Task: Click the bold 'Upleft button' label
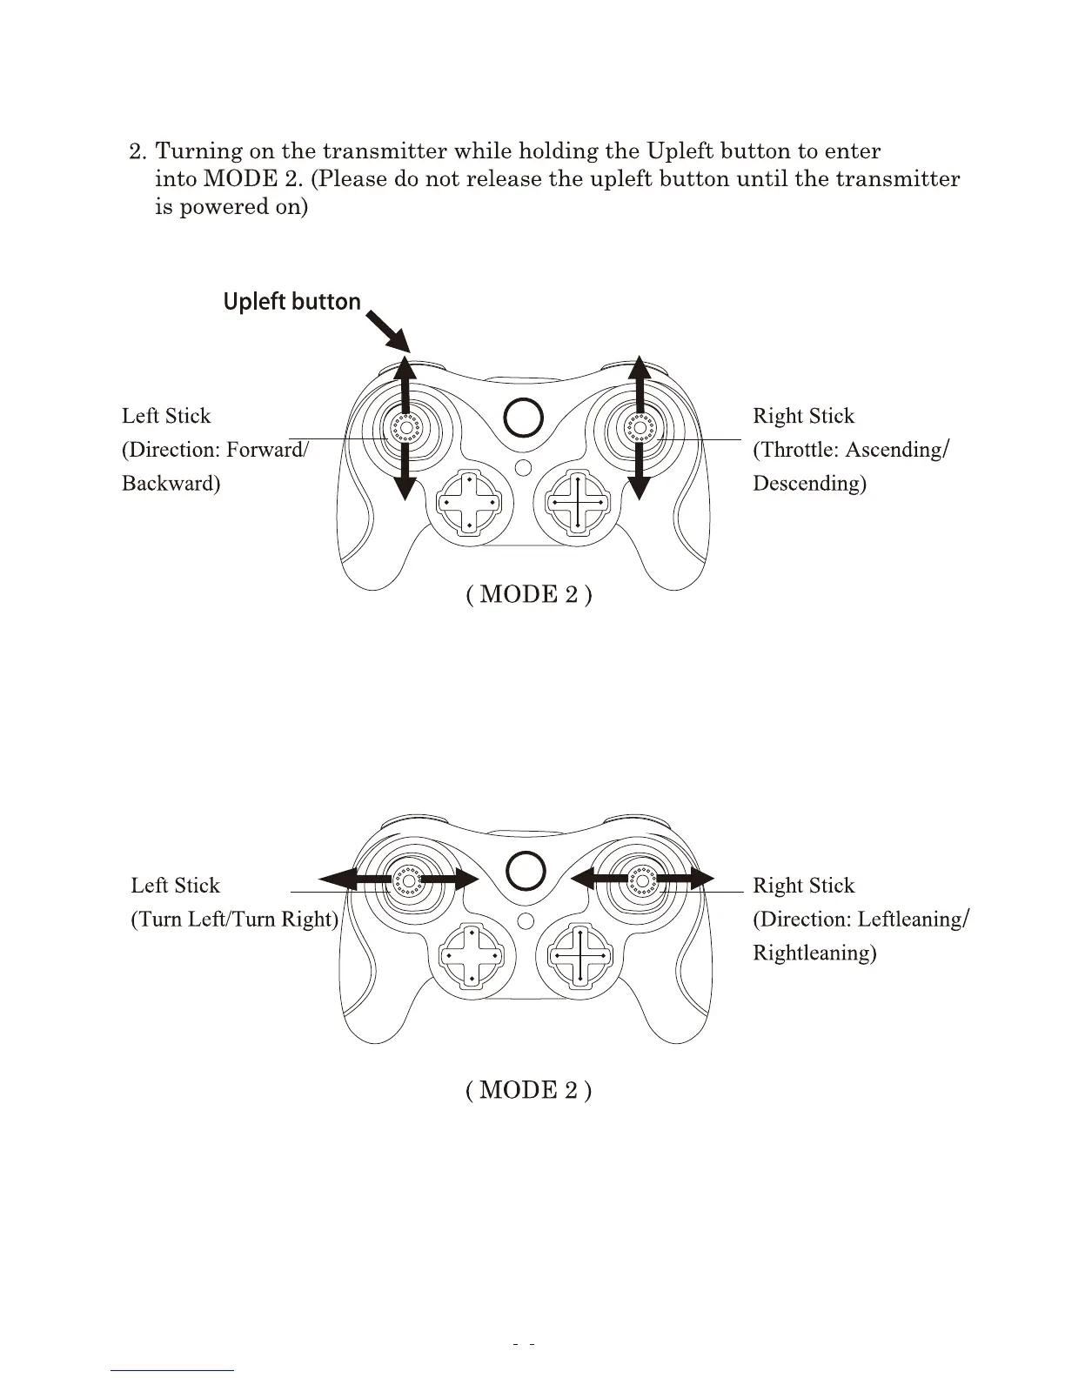coord(291,302)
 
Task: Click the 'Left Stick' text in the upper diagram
coord(166,416)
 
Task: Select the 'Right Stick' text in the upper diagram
coord(803,416)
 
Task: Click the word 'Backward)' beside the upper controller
coord(171,483)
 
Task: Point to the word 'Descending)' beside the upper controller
coord(809,483)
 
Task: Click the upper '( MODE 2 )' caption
coord(529,594)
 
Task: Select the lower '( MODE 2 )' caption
coord(529,1090)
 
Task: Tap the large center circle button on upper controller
coord(524,418)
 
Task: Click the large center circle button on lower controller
coord(526,871)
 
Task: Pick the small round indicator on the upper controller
coord(523,467)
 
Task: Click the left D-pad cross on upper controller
coord(469,502)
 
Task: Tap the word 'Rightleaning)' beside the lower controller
coord(814,953)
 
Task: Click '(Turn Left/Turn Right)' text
coord(234,920)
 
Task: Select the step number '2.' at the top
coord(138,152)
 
